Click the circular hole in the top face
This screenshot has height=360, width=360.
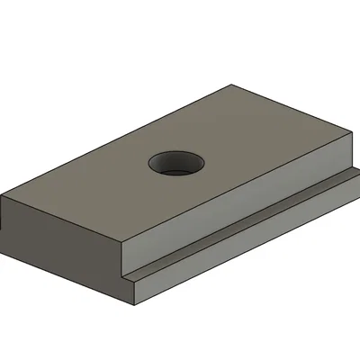pyautogui.click(x=176, y=163)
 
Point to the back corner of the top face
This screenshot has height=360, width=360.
pyautogui.click(x=232, y=85)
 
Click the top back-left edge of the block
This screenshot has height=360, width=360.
pyautogui.click(x=117, y=141)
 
